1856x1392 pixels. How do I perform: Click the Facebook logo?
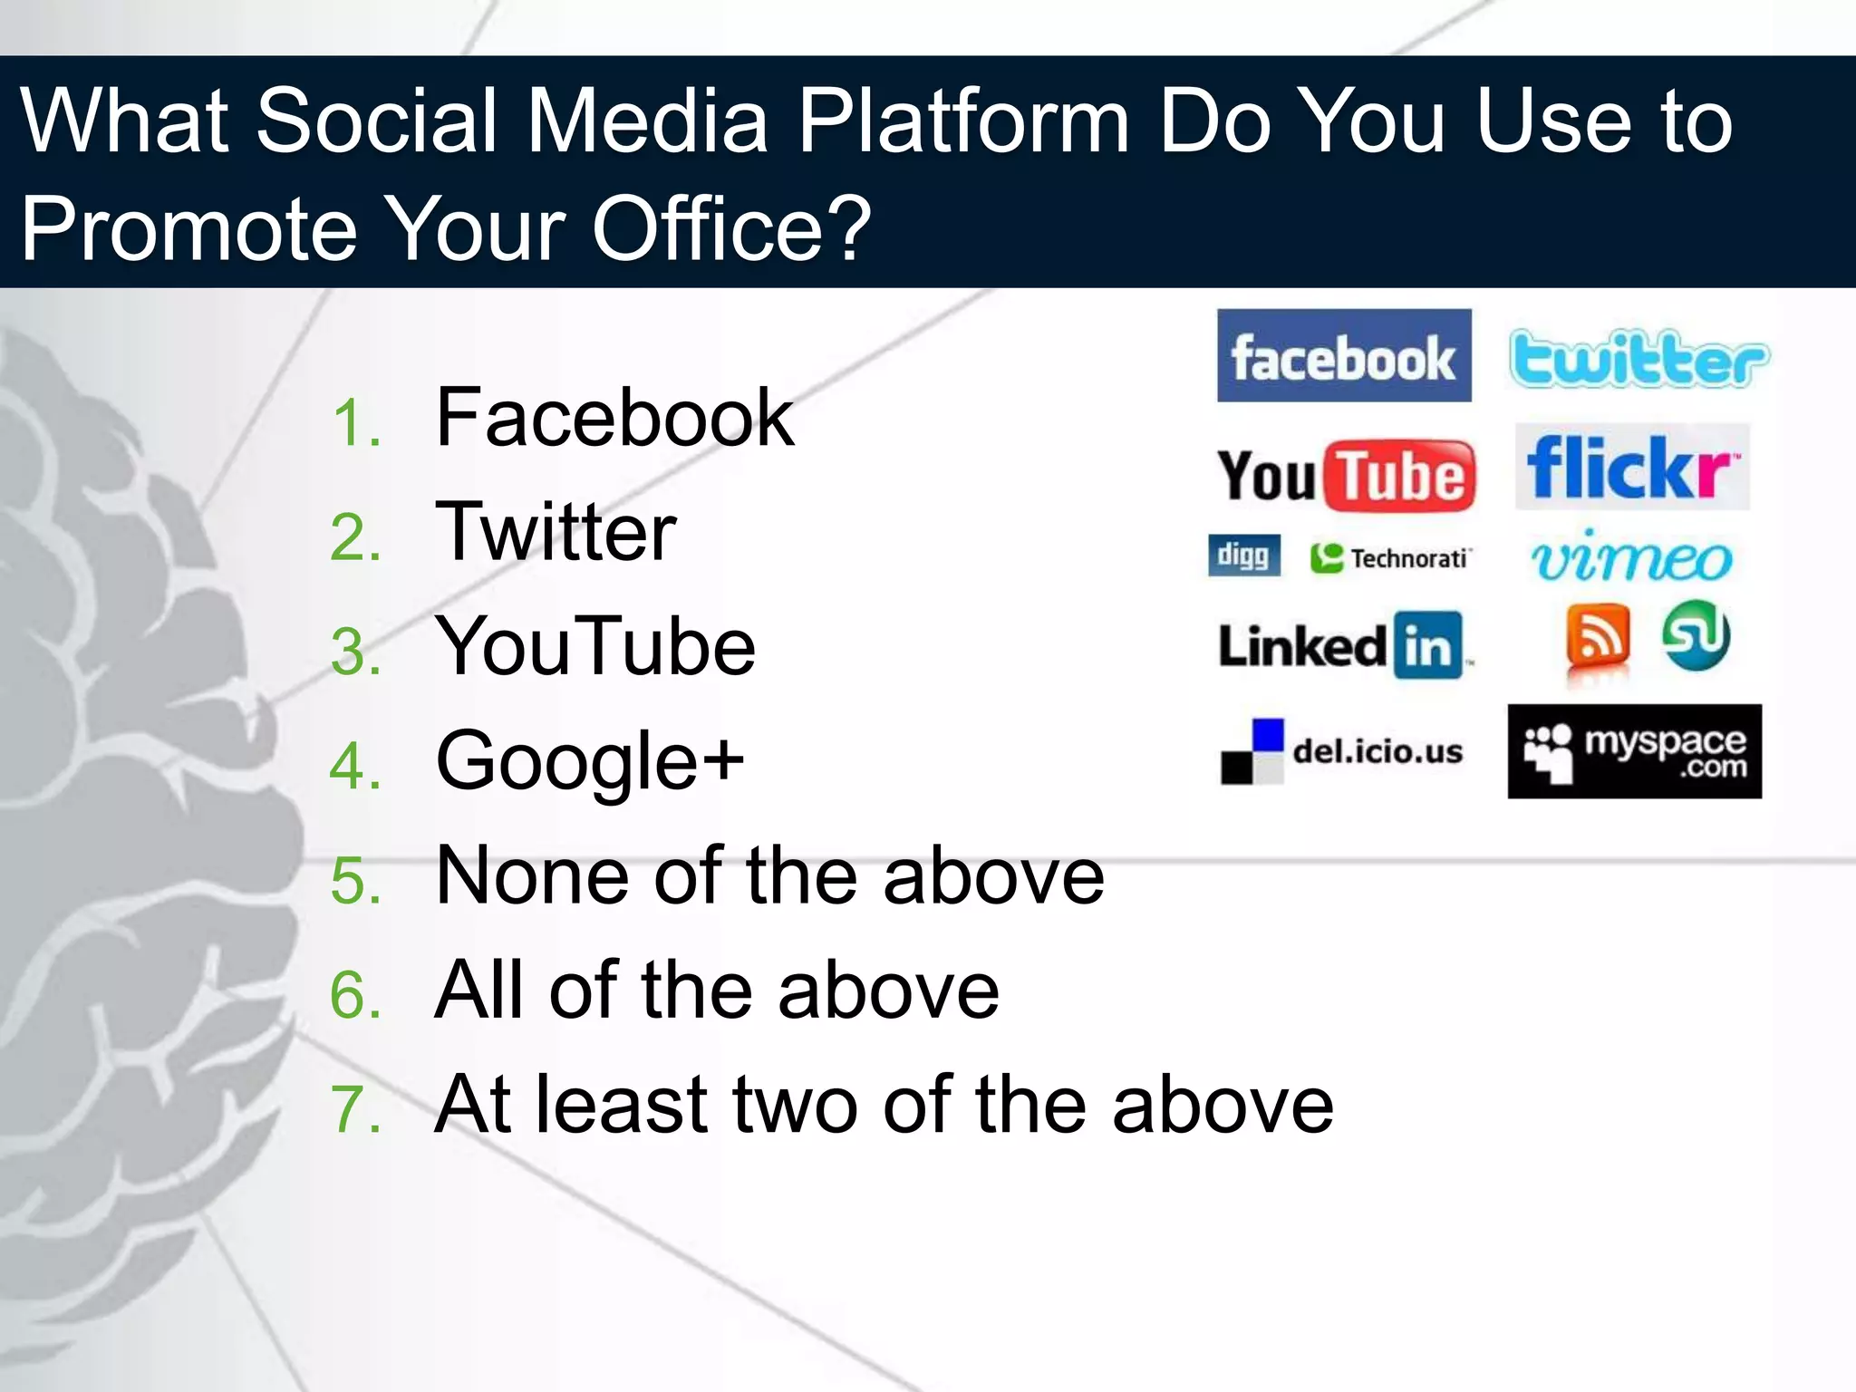(x=1343, y=355)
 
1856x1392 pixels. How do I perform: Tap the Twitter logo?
(x=1638, y=359)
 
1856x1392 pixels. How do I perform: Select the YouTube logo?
(x=1345, y=476)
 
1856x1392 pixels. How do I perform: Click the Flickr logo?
(x=1631, y=467)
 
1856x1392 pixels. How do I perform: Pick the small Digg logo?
(x=1243, y=555)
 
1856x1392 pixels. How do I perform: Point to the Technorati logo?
(x=1390, y=558)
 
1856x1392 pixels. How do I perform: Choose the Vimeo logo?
(x=1631, y=556)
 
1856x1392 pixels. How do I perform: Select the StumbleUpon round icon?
(x=1696, y=635)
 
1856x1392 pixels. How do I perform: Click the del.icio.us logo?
(x=1341, y=751)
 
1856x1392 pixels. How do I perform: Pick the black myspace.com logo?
(x=1634, y=751)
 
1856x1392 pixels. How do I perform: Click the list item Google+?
(x=589, y=761)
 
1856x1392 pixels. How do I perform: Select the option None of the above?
(x=769, y=875)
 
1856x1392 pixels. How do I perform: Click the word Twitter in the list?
(x=556, y=532)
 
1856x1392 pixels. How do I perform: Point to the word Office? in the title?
(x=730, y=228)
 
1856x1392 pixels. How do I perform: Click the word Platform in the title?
(x=963, y=121)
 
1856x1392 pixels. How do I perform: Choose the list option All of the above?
(x=716, y=990)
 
